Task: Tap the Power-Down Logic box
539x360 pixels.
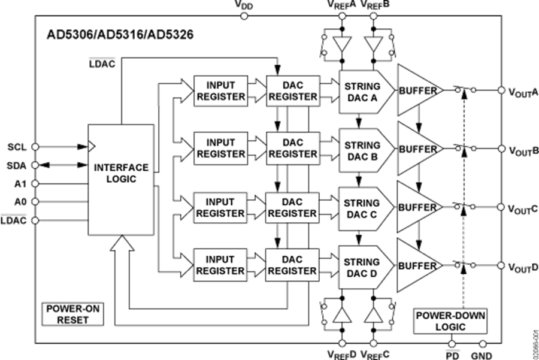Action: pos(450,321)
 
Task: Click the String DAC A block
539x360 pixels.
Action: pos(362,91)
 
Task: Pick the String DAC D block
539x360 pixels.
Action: pos(362,267)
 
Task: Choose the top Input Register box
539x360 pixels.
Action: pos(220,91)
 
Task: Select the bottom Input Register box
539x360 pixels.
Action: pos(220,265)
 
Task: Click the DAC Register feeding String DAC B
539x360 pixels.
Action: pos(292,149)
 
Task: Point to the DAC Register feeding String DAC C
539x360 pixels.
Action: pos(292,207)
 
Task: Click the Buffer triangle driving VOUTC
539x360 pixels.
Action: pos(417,208)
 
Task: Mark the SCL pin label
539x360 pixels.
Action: pos(17,147)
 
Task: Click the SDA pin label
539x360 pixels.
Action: pos(17,165)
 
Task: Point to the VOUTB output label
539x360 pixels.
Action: pos(523,149)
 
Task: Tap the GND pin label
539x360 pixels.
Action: pos(482,355)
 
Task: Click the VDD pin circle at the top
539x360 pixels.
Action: pos(243,16)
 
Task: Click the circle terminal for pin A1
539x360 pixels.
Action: pos(35,183)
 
